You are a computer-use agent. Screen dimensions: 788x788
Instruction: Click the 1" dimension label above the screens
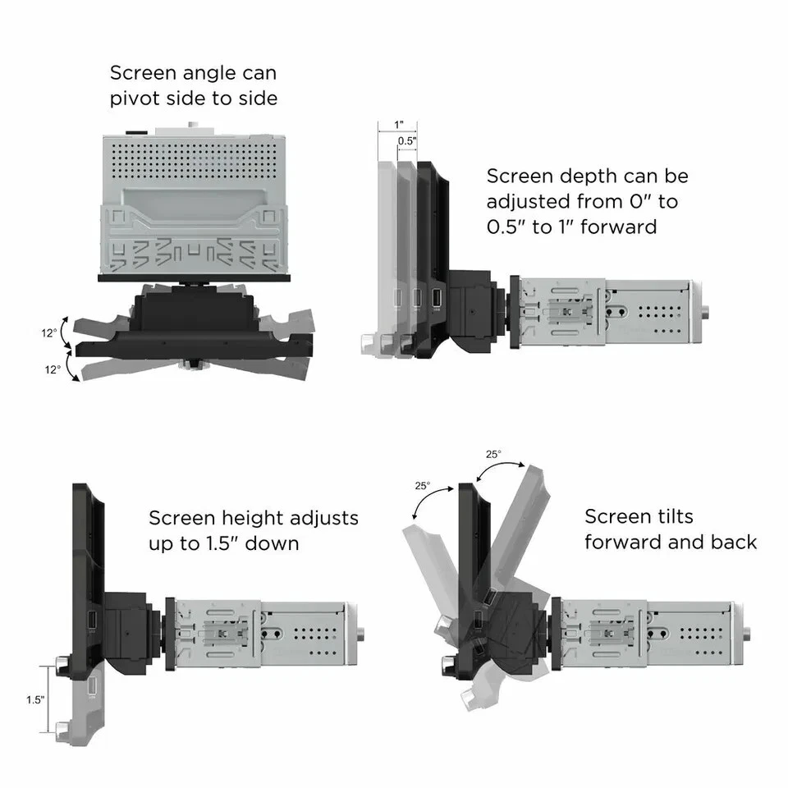click(399, 125)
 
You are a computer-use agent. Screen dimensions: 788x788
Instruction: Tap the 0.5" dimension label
click(407, 141)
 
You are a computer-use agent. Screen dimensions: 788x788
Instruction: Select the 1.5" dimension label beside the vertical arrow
click(36, 700)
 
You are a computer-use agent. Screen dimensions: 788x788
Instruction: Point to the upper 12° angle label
click(51, 333)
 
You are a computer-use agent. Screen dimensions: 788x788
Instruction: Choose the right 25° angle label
click(492, 453)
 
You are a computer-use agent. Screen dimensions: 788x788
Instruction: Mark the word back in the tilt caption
click(733, 542)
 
